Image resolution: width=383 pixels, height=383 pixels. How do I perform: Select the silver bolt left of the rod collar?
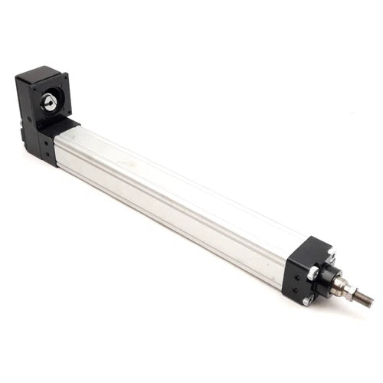coord(312,272)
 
